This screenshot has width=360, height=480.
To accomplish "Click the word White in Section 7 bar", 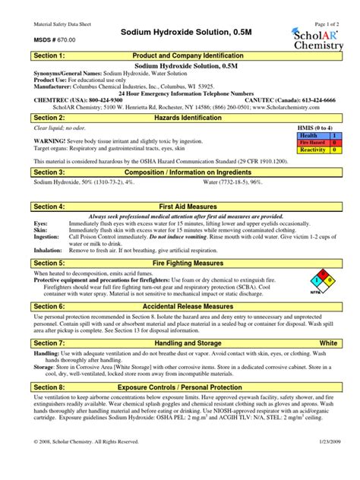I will [328, 343].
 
